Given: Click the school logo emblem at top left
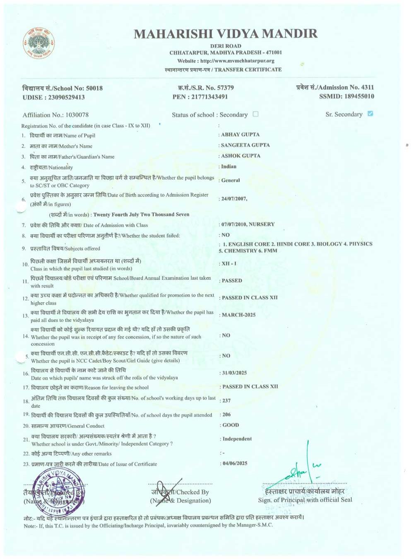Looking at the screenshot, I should coord(39,43).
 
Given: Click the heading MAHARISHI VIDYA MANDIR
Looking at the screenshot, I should coord(226,34).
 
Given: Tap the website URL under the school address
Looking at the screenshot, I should coord(226,61).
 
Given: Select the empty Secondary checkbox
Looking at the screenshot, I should coord(255,114).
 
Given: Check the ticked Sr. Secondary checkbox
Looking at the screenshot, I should coord(370,113).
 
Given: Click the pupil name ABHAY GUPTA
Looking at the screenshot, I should coord(240,135).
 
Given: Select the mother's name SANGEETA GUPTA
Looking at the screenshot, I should coord(245,145).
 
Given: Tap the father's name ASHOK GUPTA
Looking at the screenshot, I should coord(241,156).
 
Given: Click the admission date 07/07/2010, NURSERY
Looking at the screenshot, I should coord(248,224).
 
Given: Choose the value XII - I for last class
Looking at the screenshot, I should coord(229,263).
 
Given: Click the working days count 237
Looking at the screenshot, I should coord(226,401).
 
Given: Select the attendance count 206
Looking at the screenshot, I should coord(226,414).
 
